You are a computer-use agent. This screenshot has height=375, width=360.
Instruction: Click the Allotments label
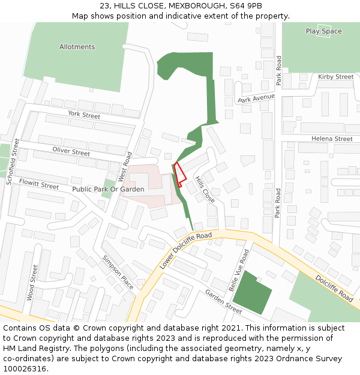point(77,47)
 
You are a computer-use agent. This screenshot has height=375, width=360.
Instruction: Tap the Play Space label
point(323,31)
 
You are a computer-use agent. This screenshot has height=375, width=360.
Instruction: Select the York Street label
point(84,115)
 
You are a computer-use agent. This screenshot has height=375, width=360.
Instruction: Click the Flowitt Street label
point(39,183)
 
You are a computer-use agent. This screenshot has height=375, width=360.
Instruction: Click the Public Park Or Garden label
point(108,189)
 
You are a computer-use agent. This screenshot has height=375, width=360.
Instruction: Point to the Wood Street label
point(32,282)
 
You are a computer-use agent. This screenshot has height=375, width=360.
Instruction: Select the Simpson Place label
point(118,272)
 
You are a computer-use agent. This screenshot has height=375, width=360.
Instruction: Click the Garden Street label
point(223,301)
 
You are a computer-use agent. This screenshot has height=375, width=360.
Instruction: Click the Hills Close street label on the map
point(205,189)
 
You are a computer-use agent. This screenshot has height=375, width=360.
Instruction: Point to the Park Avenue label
point(256,98)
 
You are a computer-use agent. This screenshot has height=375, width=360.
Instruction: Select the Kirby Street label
point(335,77)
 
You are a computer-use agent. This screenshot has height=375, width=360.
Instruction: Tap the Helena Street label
point(332,139)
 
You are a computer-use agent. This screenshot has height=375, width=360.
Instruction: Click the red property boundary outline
point(179,175)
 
